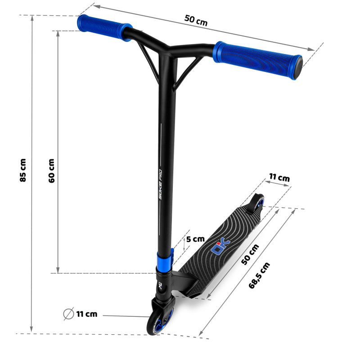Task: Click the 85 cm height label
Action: pyautogui.click(x=23, y=170)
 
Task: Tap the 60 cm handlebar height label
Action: pyautogui.click(x=52, y=171)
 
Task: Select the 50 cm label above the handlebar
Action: pyautogui.click(x=196, y=20)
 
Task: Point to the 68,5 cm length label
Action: pyautogui.click(x=259, y=275)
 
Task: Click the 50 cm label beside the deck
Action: pyautogui.click(x=250, y=254)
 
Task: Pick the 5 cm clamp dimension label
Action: pyautogui.click(x=195, y=239)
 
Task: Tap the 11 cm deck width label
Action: pyautogui.click(x=279, y=177)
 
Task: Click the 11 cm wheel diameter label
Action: pyautogui.click(x=87, y=314)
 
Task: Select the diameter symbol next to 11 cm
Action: pyautogui.click(x=68, y=314)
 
